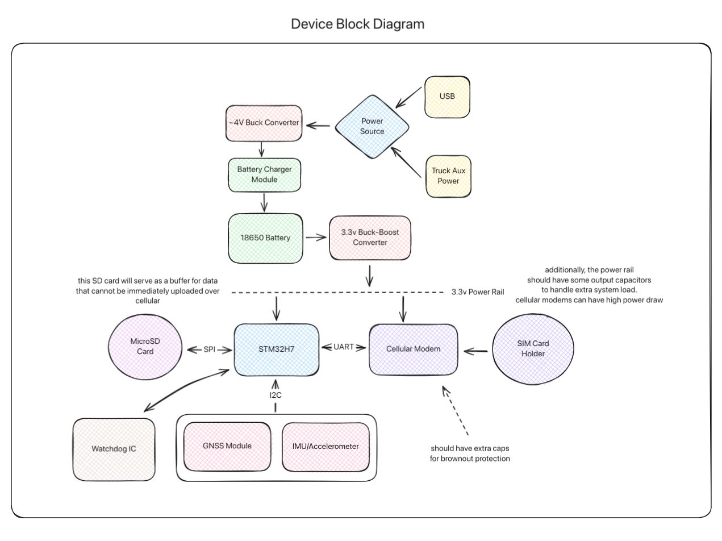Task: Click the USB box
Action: point(447,97)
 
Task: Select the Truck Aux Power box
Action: point(448,176)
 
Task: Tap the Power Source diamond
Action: point(373,126)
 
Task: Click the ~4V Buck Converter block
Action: point(262,123)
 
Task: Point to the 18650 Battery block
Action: point(264,238)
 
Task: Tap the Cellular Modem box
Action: point(413,349)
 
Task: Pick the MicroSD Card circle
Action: point(145,347)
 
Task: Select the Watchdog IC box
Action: point(114,448)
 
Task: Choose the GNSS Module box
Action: point(227,446)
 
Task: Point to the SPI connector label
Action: point(210,349)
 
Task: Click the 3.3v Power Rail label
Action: point(475,292)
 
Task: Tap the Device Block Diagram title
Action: point(357,24)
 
